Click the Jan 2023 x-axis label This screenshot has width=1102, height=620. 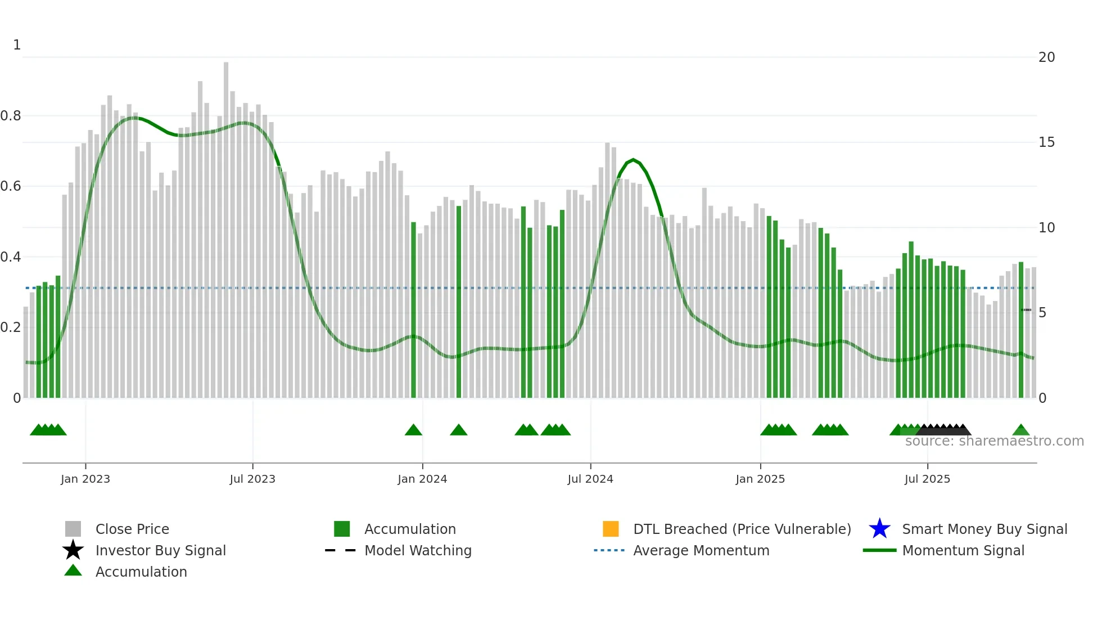click(x=85, y=479)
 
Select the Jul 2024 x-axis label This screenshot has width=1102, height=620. click(x=590, y=479)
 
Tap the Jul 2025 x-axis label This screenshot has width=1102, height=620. click(x=927, y=479)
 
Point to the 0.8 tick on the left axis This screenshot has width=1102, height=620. click(x=11, y=116)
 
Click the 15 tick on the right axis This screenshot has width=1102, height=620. click(x=1046, y=142)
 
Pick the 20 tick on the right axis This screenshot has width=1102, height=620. click(x=1046, y=57)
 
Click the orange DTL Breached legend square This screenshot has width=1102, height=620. click(x=611, y=529)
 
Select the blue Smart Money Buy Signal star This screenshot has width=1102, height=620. click(x=879, y=529)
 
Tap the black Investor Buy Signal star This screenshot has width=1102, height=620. click(x=73, y=550)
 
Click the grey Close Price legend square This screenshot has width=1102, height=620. click(x=73, y=529)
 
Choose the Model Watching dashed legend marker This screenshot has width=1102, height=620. click(x=341, y=550)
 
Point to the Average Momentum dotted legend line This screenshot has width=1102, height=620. click(x=609, y=550)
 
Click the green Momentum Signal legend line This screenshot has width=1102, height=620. click(x=879, y=550)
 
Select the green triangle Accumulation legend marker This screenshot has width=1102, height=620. click(x=73, y=570)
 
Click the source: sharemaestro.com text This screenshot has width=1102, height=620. click(x=994, y=441)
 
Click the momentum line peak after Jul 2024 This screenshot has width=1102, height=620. click(x=634, y=160)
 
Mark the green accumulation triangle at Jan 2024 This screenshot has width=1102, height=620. click(x=413, y=430)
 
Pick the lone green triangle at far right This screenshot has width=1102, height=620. click(x=1021, y=430)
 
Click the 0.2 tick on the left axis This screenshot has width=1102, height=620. click(x=11, y=327)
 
